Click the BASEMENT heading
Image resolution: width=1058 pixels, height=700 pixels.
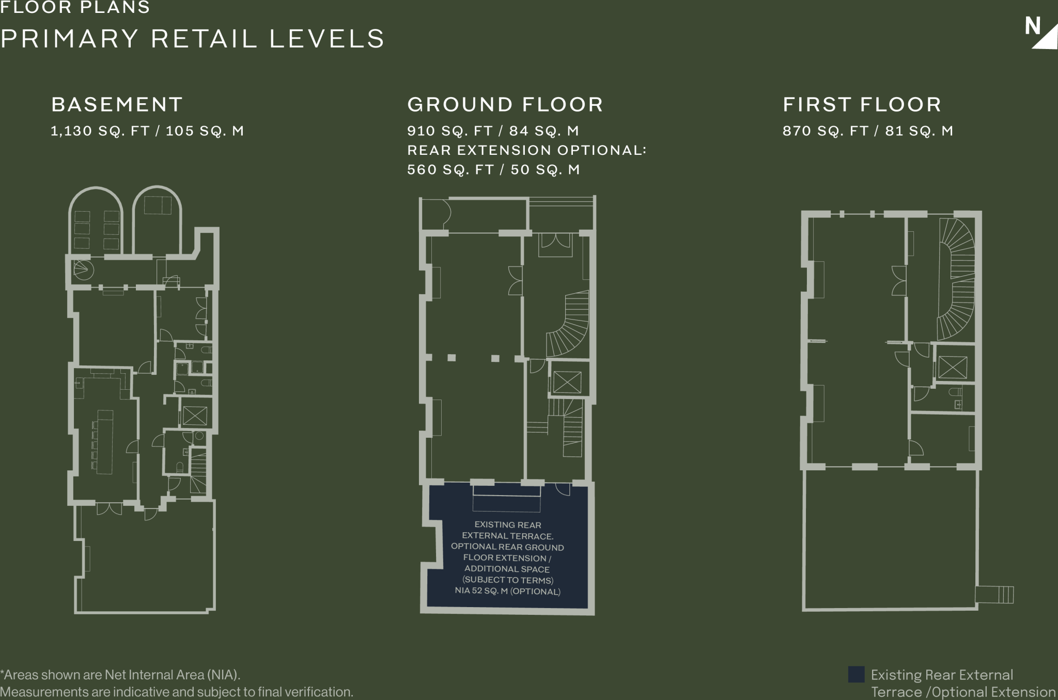coord(117,105)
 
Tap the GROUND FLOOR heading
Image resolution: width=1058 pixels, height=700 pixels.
coord(505,105)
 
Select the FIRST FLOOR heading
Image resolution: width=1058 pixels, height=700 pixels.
coord(862,105)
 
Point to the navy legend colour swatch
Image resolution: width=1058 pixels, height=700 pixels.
coord(856,674)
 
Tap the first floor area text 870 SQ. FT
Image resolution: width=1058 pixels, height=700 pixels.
coord(826,131)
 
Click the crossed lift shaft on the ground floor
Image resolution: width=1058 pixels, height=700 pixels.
coord(567,382)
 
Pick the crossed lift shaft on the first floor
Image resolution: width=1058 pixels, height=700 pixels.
coord(953,368)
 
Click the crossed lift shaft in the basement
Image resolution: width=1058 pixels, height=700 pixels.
coord(195,416)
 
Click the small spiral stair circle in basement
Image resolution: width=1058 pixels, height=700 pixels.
coord(83,268)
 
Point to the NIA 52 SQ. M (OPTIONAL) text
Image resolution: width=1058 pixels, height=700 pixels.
coord(507,591)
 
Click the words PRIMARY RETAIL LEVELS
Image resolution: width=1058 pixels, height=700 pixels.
coord(192,39)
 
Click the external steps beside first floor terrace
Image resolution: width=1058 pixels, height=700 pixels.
coord(994,595)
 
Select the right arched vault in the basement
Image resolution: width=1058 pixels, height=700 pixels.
coord(157,219)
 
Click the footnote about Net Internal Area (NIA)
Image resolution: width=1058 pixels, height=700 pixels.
coord(177,683)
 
